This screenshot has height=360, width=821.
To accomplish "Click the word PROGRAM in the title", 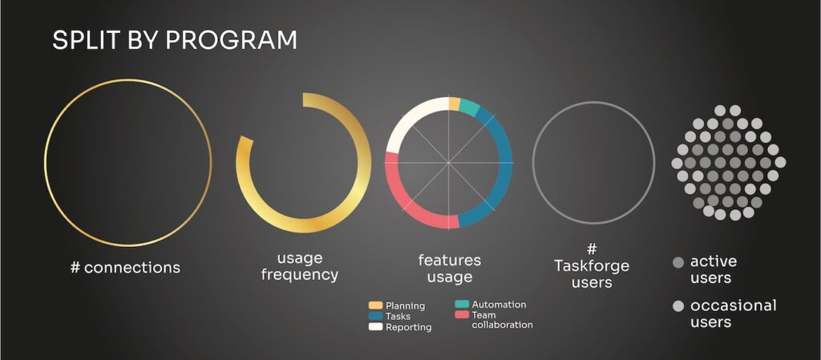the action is (232, 40).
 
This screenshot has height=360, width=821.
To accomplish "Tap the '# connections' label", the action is (125, 267).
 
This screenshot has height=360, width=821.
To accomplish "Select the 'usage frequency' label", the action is (300, 266).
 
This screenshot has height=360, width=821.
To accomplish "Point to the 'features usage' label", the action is (449, 269).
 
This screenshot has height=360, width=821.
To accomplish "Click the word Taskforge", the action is (592, 266).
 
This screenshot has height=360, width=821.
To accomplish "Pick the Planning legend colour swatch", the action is (375, 305).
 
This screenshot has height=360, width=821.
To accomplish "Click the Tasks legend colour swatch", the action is (375, 316).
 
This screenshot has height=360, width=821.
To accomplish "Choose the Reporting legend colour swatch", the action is (375, 327).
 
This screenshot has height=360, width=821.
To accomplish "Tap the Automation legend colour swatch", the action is (462, 304).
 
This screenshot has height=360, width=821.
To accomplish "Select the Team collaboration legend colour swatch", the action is (462, 315).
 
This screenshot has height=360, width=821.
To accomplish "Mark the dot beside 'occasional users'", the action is (678, 306).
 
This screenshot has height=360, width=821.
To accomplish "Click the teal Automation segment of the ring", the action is (470, 107).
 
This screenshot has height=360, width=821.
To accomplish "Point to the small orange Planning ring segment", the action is (455, 103).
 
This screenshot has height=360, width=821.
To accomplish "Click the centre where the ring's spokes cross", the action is (449, 163).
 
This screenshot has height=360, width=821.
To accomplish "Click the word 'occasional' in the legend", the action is (733, 305).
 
